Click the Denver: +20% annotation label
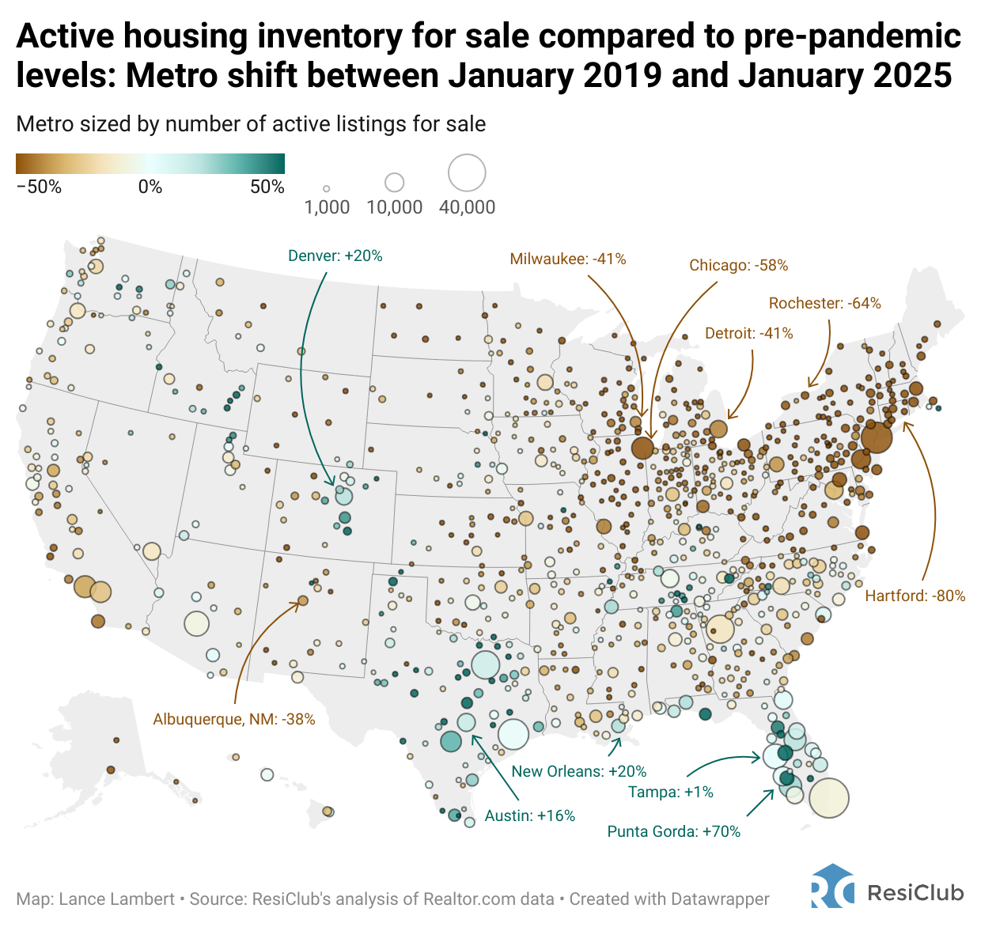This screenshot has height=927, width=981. (x=335, y=256)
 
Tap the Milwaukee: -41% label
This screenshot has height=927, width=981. (x=567, y=259)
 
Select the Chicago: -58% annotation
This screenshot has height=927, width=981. (x=738, y=266)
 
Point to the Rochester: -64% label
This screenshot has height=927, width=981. (x=824, y=304)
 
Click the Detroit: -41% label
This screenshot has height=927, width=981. (x=748, y=334)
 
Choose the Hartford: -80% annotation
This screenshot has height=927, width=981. (x=915, y=596)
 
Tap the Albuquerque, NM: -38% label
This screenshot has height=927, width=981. (x=234, y=720)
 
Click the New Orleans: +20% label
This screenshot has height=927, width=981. (x=578, y=772)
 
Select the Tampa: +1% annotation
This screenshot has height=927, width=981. (x=670, y=793)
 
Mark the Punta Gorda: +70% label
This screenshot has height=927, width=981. (x=673, y=832)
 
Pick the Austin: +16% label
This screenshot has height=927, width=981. (x=529, y=816)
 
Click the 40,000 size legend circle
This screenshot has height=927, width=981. (x=467, y=173)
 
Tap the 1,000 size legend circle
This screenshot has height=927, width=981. (x=326, y=189)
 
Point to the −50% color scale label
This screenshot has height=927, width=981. (x=39, y=187)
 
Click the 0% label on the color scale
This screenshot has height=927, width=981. (x=150, y=187)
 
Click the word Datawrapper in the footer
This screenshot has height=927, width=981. (x=719, y=899)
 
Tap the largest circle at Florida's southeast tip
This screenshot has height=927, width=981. (x=828, y=797)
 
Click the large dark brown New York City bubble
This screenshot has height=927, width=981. (x=876, y=437)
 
